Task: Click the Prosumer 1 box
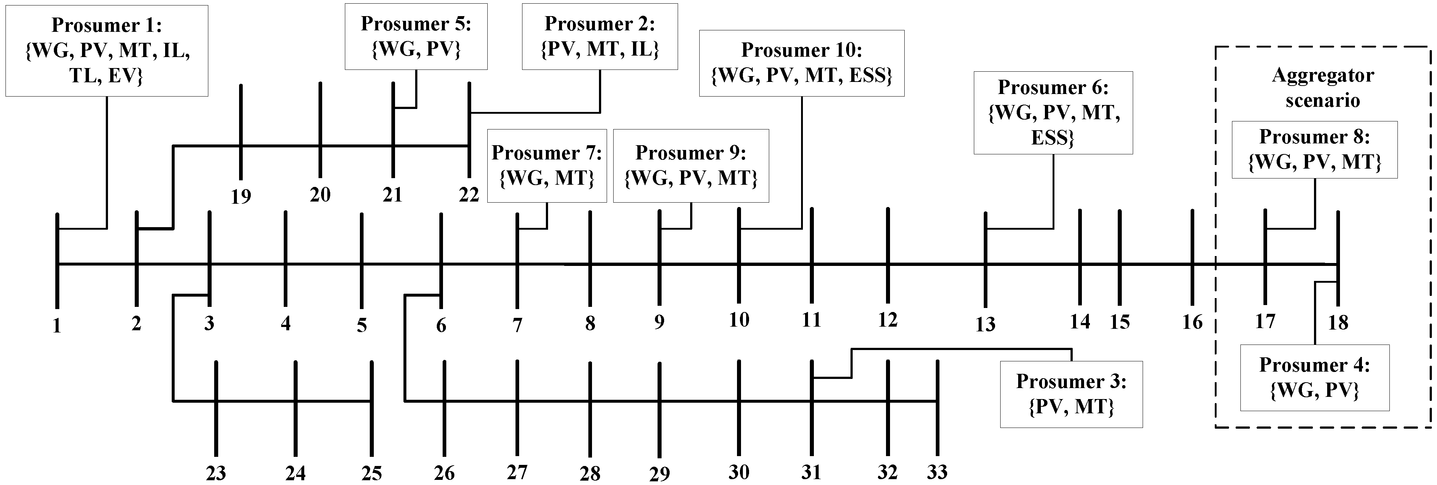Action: pyautogui.click(x=107, y=51)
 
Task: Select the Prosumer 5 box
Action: pyautogui.click(x=416, y=37)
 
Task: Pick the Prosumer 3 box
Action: pyautogui.click(x=1071, y=394)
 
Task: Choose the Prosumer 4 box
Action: pyautogui.click(x=1314, y=377)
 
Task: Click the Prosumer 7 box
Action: pyautogui.click(x=546, y=166)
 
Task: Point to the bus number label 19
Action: pyautogui.click(x=241, y=196)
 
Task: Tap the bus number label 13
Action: pyautogui.click(x=985, y=324)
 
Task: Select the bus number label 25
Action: pyautogui.click(x=372, y=473)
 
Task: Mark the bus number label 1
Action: pyautogui.click(x=56, y=326)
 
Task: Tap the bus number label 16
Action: pyautogui.click(x=1192, y=322)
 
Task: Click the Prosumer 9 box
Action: pyautogui.click(x=690, y=166)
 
